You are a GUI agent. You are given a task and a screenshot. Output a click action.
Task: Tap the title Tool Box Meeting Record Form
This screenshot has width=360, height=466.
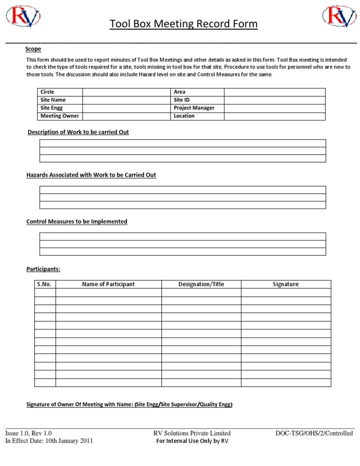click(183, 24)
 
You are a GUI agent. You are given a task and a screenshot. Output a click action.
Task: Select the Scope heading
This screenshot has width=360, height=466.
click(33, 49)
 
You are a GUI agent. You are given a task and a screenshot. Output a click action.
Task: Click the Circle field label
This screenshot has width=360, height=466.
click(48, 92)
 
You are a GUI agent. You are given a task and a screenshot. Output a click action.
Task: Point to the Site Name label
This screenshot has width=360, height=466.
click(53, 100)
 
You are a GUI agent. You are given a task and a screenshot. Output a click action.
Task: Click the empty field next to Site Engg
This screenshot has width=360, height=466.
click(125, 108)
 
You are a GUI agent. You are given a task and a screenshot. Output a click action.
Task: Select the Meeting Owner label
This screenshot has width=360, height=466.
click(60, 116)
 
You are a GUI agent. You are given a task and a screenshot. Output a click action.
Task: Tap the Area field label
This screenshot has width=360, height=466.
click(180, 92)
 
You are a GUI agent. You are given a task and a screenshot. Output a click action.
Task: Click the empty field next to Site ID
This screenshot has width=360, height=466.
click(274, 100)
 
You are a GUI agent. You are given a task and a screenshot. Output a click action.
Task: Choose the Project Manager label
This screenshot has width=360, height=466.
click(194, 108)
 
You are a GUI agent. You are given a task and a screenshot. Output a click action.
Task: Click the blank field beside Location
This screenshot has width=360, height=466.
click(274, 116)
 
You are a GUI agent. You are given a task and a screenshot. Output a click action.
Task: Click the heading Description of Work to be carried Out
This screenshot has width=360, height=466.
click(78, 132)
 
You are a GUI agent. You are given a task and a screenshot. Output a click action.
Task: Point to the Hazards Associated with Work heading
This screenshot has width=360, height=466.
click(91, 175)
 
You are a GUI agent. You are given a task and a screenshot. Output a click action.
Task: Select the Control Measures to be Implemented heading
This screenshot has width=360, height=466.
click(77, 221)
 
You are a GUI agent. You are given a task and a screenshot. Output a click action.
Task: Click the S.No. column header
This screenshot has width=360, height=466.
click(45, 284)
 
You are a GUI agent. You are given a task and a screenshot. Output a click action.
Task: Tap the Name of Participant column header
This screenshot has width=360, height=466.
click(108, 284)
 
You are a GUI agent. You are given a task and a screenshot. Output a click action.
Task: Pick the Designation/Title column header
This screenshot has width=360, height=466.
click(201, 284)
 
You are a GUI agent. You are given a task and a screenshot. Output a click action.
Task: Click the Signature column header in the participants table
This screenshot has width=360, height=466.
click(285, 284)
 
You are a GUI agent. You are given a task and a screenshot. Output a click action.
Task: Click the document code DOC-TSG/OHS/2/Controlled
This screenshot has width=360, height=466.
click(314, 434)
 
